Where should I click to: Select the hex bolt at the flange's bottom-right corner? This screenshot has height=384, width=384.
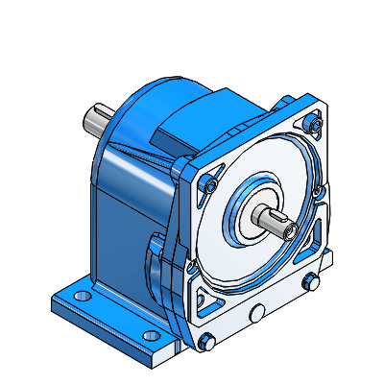[309, 281]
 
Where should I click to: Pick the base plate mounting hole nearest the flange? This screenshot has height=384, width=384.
[151, 335]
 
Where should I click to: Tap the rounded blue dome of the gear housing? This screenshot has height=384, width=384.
[144, 115]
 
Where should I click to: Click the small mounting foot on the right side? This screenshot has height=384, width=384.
[326, 259]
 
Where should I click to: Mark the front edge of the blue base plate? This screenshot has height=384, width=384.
[106, 336]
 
